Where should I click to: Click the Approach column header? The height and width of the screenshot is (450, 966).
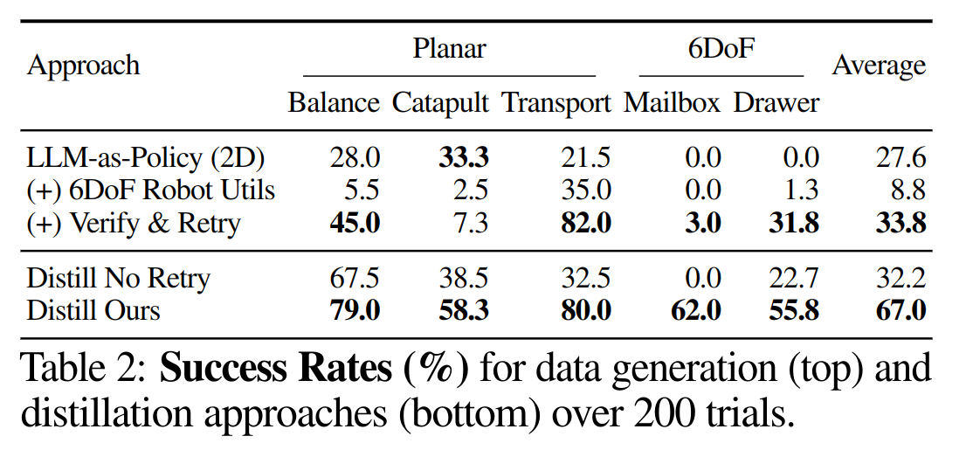(x=84, y=66)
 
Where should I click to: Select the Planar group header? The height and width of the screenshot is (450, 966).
(x=449, y=48)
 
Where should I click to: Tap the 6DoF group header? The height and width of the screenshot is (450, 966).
(x=721, y=48)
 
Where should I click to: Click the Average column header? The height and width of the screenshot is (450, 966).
(x=879, y=66)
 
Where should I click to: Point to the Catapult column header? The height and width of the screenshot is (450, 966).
(x=440, y=103)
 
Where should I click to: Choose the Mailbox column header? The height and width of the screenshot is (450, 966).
(x=672, y=103)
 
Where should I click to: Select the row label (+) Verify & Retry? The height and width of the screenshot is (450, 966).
(x=133, y=223)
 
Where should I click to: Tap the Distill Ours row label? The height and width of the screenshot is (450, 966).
(x=93, y=310)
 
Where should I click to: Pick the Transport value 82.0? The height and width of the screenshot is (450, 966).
(x=585, y=223)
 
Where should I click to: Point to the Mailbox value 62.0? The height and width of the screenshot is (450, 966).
(x=696, y=310)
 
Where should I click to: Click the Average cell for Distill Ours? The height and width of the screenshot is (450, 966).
(x=900, y=310)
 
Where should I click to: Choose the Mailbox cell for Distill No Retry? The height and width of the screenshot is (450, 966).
(x=702, y=279)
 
